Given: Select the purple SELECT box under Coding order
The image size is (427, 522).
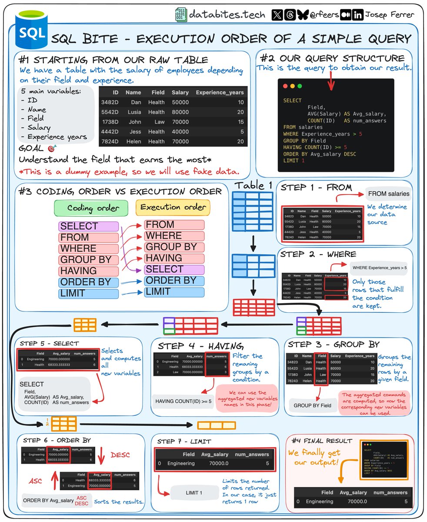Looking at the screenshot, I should [89, 226].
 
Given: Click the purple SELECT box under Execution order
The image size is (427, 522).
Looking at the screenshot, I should [174, 269].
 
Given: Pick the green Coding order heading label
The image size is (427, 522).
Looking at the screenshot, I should [92, 207].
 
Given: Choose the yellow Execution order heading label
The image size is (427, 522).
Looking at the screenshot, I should [173, 207].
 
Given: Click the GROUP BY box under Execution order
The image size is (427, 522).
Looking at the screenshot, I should [174, 247].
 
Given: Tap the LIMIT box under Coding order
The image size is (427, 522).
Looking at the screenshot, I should [89, 294].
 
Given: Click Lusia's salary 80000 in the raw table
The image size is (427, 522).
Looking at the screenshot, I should [180, 112].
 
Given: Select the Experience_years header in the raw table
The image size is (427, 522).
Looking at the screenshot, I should [220, 92].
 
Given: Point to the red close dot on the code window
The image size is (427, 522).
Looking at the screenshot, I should [286, 86].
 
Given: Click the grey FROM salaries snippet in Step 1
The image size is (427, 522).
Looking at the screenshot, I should [388, 194].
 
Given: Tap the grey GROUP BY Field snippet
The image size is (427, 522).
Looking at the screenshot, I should [312, 405].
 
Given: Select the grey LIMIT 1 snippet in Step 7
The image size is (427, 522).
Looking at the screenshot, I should [194, 492].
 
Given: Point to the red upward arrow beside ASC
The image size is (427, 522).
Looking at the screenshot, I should [54, 478].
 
